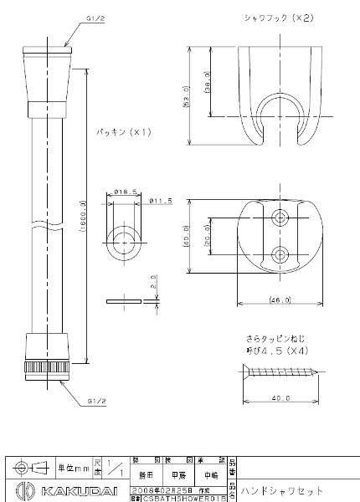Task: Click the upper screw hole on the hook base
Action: point(280,218)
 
